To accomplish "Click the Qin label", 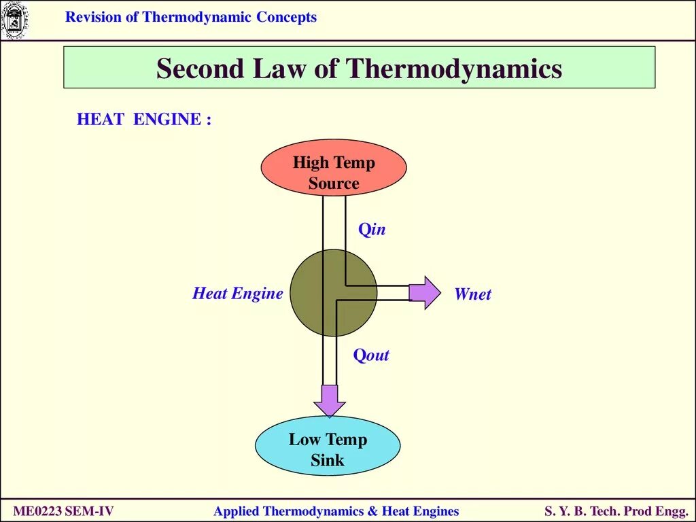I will point(372,230).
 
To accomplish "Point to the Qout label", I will point(371,355).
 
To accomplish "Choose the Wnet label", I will point(472,294).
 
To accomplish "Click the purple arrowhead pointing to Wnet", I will point(425,292).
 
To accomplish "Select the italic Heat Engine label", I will point(237,294).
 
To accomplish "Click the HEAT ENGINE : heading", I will point(144,120).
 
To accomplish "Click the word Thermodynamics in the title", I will point(454,69).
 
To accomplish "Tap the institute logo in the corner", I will point(13,20).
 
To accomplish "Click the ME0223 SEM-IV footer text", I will point(64,511).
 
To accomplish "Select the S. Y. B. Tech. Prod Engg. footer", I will point(616,511).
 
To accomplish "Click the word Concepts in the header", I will point(286,18).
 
